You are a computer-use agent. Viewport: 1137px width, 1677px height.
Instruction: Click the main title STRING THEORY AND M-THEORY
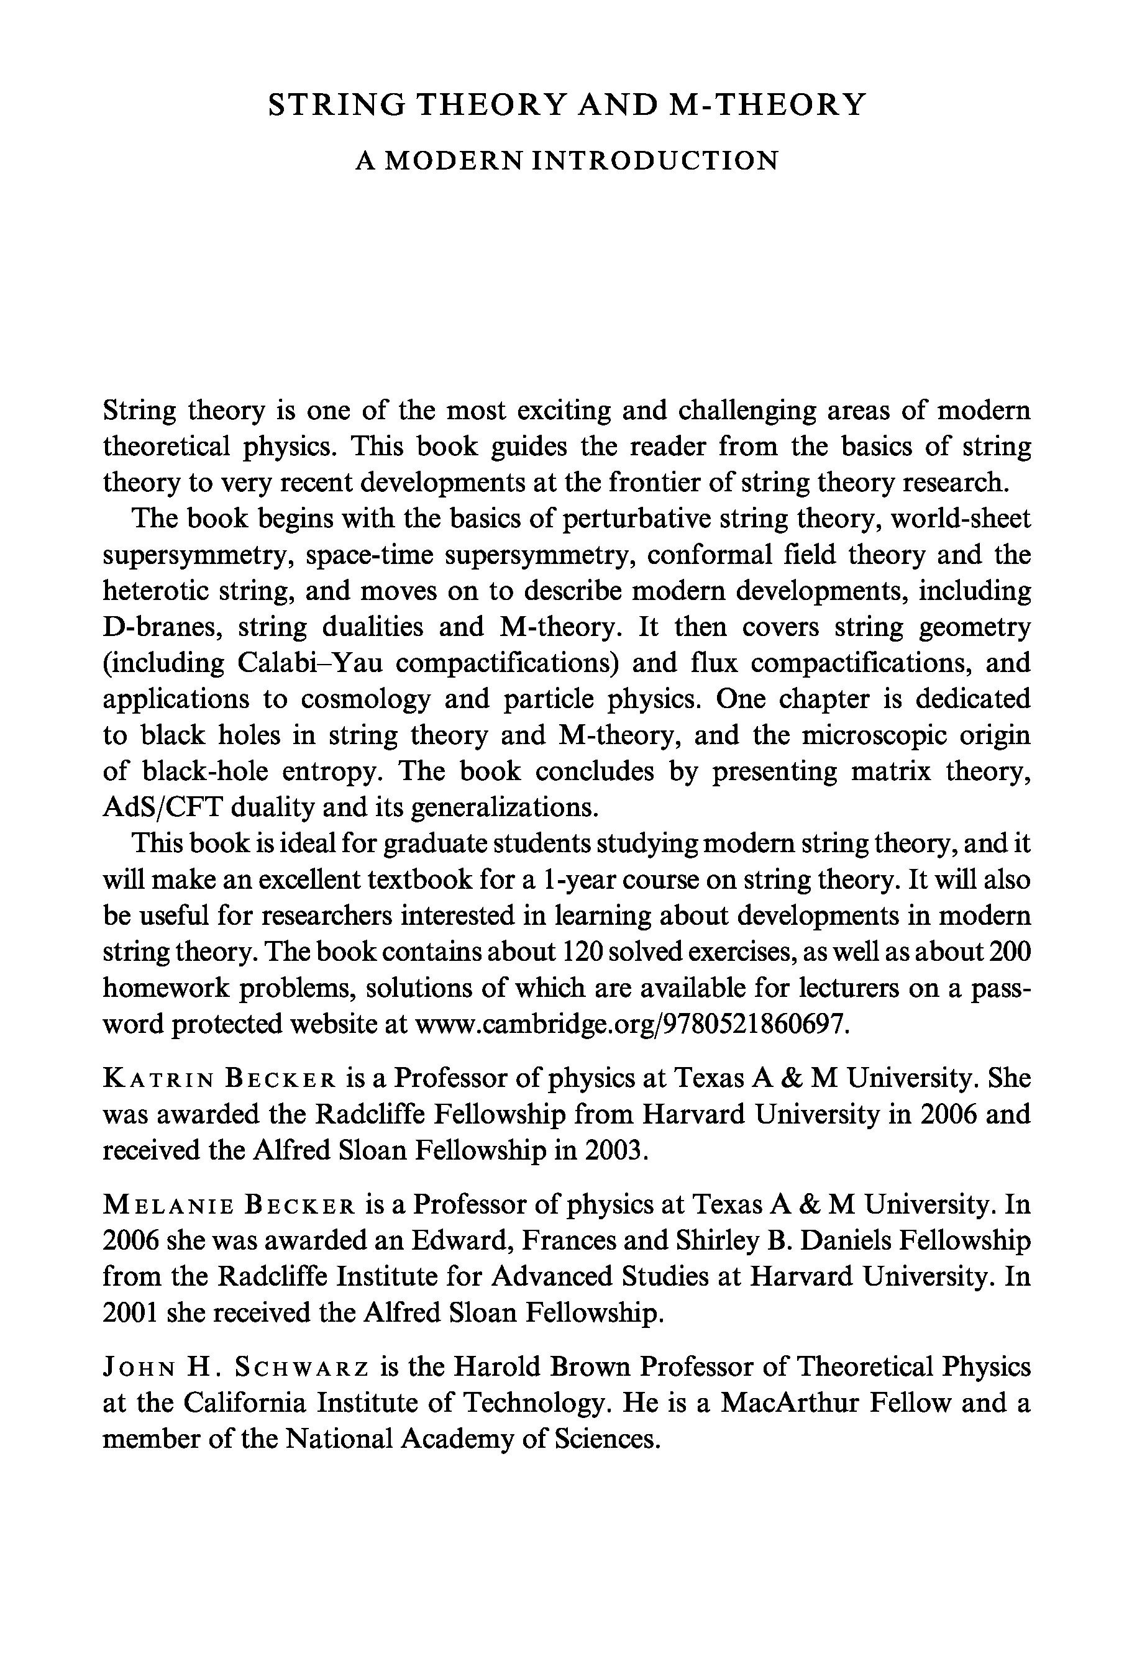tap(567, 106)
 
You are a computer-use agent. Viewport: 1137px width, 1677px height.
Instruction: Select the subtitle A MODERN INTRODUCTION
tap(567, 160)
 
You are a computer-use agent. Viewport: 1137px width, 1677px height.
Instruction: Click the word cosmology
tap(365, 699)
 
